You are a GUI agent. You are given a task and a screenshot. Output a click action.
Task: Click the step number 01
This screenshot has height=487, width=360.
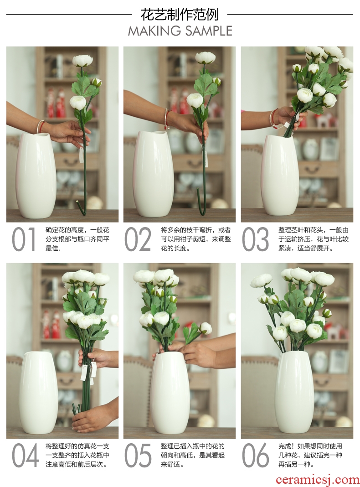click(24, 239)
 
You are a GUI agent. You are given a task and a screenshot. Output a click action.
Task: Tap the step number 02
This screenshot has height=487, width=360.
click(138, 239)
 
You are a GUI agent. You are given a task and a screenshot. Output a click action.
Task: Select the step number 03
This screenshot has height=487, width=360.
click(255, 239)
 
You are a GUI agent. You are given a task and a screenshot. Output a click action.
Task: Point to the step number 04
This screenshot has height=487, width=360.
click(25, 456)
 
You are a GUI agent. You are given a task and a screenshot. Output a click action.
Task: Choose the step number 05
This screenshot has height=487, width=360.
click(138, 456)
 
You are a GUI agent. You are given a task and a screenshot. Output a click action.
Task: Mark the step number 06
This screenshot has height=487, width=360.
click(255, 456)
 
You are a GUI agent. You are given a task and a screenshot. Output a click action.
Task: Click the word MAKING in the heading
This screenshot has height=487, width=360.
click(154, 31)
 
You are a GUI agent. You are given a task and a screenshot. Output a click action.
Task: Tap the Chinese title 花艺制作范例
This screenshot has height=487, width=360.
click(180, 15)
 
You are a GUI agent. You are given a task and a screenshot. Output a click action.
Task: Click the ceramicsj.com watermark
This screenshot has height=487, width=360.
click(317, 480)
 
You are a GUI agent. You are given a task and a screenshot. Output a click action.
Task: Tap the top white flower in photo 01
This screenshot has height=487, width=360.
click(82, 61)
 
